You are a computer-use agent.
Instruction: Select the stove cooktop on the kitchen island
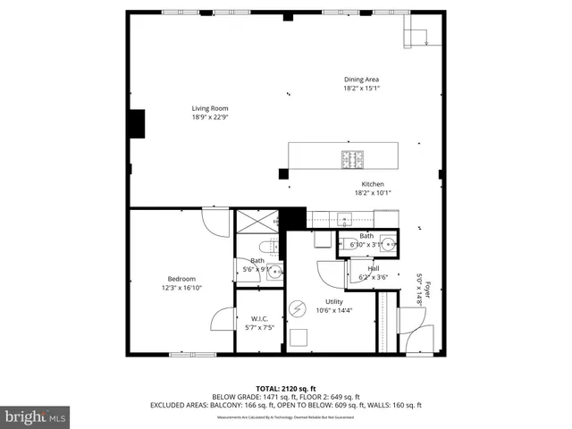click(x=351, y=160)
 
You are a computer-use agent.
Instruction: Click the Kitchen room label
click(x=373, y=184)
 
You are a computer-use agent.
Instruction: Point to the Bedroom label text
click(x=181, y=279)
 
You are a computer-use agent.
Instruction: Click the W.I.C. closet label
click(x=259, y=319)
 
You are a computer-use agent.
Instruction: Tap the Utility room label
click(x=334, y=302)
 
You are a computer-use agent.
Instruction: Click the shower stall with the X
click(x=256, y=222)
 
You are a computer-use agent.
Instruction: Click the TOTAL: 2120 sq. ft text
click(x=285, y=389)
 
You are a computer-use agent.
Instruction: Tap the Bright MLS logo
click(x=36, y=416)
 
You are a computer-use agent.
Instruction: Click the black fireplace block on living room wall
click(x=138, y=123)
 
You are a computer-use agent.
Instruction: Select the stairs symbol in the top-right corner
click(x=417, y=36)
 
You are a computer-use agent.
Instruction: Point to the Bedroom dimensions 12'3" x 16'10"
click(x=181, y=288)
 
